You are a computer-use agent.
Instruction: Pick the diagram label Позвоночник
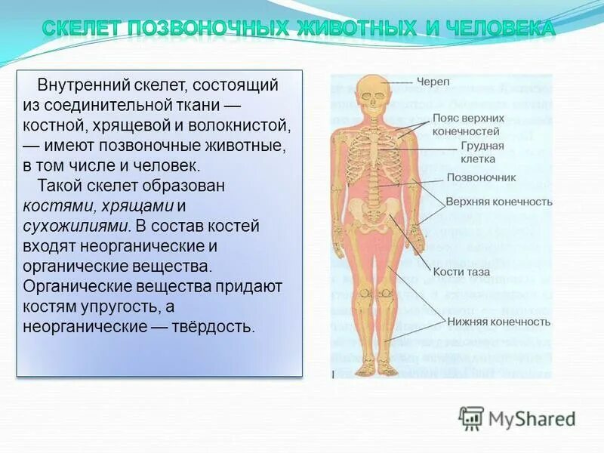(481, 178)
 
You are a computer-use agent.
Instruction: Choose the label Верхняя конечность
(498, 202)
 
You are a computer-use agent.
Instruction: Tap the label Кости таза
(461, 272)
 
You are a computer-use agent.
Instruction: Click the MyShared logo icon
(471, 418)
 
